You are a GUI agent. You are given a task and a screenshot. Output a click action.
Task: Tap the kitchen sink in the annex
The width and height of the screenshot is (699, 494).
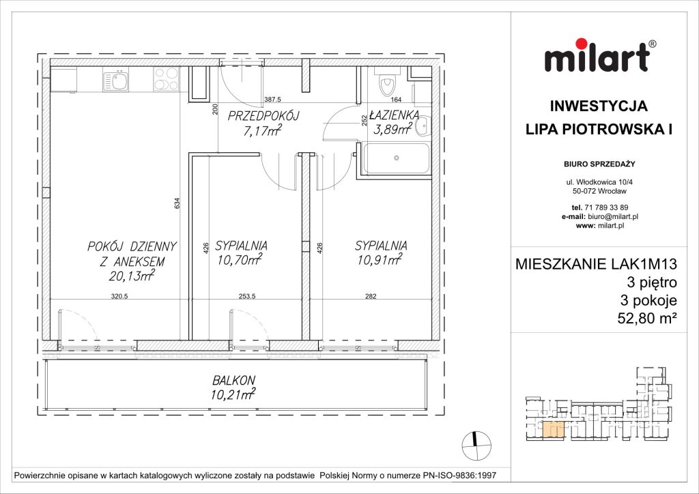point(116,82)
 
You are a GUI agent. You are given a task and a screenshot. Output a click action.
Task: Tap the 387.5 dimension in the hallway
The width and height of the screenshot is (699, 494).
point(273,100)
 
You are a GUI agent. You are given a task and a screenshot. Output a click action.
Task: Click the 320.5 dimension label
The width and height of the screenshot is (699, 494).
point(120,297)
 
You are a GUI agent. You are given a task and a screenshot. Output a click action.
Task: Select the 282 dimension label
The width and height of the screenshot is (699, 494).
point(370,297)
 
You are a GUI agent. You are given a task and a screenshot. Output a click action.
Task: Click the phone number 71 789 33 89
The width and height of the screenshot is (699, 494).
point(606,207)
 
